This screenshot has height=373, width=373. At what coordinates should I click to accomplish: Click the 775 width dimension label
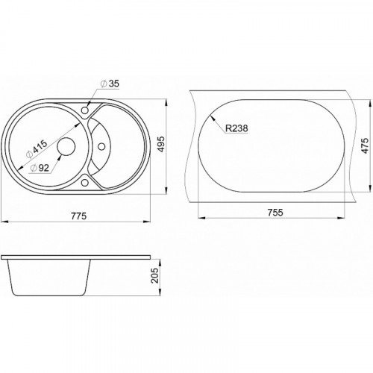coord(79,216)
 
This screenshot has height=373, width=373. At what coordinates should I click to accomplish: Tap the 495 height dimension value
coord(161,144)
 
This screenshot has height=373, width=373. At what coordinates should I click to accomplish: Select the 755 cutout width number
coord(275,213)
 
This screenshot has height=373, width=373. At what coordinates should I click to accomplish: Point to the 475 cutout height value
coord(366,145)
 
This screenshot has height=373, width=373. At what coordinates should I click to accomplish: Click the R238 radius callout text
coord(236,128)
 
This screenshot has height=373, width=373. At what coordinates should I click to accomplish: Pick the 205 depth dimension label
coord(155,275)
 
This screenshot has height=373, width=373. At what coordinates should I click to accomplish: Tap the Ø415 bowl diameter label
coord(37,149)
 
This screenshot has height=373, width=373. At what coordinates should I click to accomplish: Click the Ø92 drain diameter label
coord(40,169)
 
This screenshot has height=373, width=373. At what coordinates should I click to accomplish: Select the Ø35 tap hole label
coord(110,84)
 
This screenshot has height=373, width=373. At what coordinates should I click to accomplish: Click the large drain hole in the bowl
coord(66,146)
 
